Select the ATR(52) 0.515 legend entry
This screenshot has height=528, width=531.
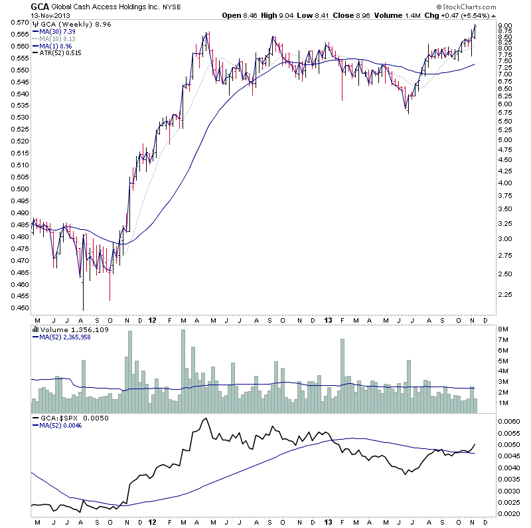coord(55,53)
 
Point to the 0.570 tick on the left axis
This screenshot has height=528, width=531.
coord(19,22)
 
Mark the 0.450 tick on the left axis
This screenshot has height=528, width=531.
coord(19,308)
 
